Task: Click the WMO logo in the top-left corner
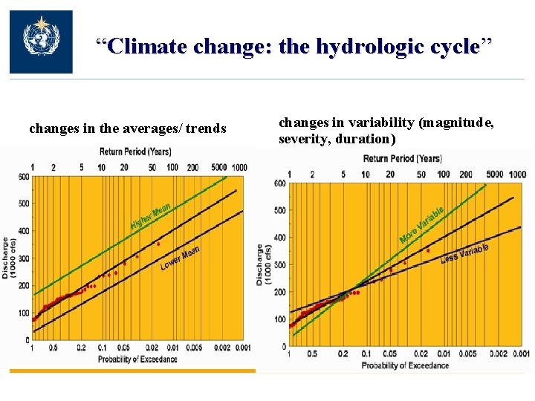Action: tap(41, 42)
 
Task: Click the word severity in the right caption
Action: tap(302, 139)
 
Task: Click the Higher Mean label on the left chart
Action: tap(151, 215)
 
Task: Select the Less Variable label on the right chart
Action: tap(464, 253)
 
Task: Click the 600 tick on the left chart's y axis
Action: tap(25, 176)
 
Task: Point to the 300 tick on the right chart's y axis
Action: tap(279, 265)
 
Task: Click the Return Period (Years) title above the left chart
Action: tap(135, 151)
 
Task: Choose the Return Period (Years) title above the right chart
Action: tap(402, 158)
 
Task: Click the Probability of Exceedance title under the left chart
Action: tap(137, 360)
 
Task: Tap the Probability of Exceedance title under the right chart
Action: tap(405, 365)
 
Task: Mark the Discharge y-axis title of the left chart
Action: tap(6, 257)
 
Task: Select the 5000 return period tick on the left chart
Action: tap(218, 168)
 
